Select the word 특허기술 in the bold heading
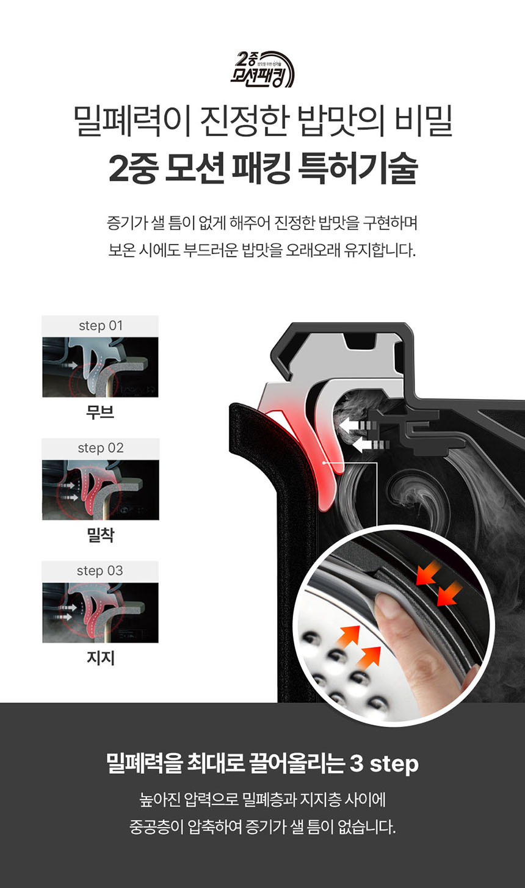tap(358, 168)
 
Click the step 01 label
tap(101, 326)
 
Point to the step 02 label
tap(101, 449)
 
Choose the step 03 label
tap(100, 571)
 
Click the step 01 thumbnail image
tap(100, 367)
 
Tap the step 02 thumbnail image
tap(101, 490)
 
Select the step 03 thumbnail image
tap(100, 613)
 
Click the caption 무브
tap(100, 413)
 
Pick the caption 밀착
tap(101, 535)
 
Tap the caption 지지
tap(101, 658)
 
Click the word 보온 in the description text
tap(122, 250)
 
